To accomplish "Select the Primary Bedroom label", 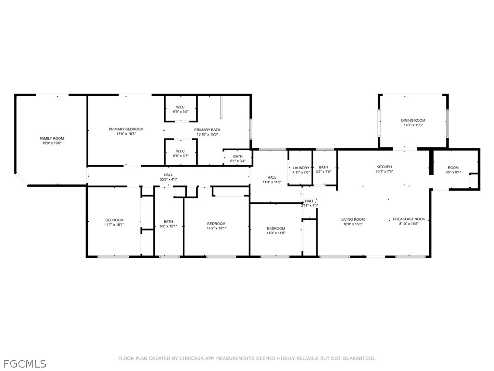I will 126,129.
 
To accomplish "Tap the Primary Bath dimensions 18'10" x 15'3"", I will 207,134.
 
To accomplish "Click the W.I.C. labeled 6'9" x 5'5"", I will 181,110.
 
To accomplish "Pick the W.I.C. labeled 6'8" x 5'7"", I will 181,153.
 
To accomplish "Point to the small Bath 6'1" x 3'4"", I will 238,158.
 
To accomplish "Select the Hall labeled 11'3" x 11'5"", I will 272,180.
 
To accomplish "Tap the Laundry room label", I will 301,170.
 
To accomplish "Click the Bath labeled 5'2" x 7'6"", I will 323,170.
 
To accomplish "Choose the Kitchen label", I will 384,169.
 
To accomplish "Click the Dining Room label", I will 413,123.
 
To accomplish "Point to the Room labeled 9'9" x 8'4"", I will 453,170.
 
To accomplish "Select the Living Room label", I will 353,221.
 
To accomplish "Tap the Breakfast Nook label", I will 409,221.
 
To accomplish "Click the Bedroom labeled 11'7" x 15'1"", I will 114,222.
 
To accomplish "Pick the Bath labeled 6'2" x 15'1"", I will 168,224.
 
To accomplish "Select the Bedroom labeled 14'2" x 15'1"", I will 216,226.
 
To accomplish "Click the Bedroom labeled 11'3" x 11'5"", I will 276,230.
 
